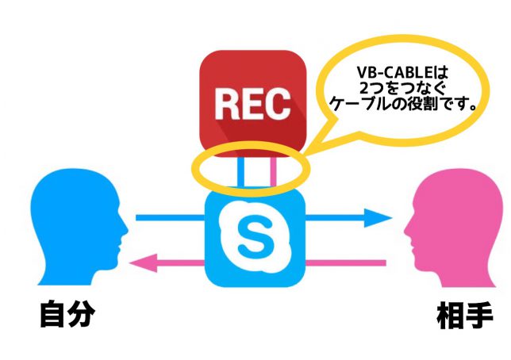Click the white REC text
pyautogui.click(x=252, y=104)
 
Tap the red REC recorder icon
pyautogui.click(x=253, y=104)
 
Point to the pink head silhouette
pyautogui.click(x=454, y=228)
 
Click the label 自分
pyautogui.click(x=67, y=314)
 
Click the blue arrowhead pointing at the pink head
pyautogui.click(x=378, y=217)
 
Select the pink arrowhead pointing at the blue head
pyautogui.click(x=144, y=262)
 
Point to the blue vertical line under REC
pyautogui.click(x=240, y=172)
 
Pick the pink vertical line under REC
pyautogui.click(x=273, y=172)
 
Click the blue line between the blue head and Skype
pyautogui.click(x=171, y=217)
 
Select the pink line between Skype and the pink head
pyautogui.click(x=346, y=262)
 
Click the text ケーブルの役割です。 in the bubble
pyautogui.click(x=403, y=105)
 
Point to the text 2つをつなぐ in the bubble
pyautogui.click(x=401, y=88)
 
